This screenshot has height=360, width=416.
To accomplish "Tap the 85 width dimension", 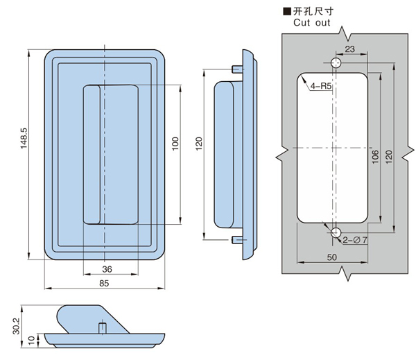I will [x=104, y=282].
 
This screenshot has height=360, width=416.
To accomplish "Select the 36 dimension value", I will [x=107, y=268].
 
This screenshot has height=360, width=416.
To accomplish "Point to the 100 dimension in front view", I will [x=175, y=143].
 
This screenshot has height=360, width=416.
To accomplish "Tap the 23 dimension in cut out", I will [x=349, y=49].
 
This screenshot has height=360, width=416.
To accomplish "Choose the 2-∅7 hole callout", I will [x=355, y=240].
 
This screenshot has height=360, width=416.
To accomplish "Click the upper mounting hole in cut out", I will [x=336, y=63].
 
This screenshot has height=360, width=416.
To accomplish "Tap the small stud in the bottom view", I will [x=101, y=326].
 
